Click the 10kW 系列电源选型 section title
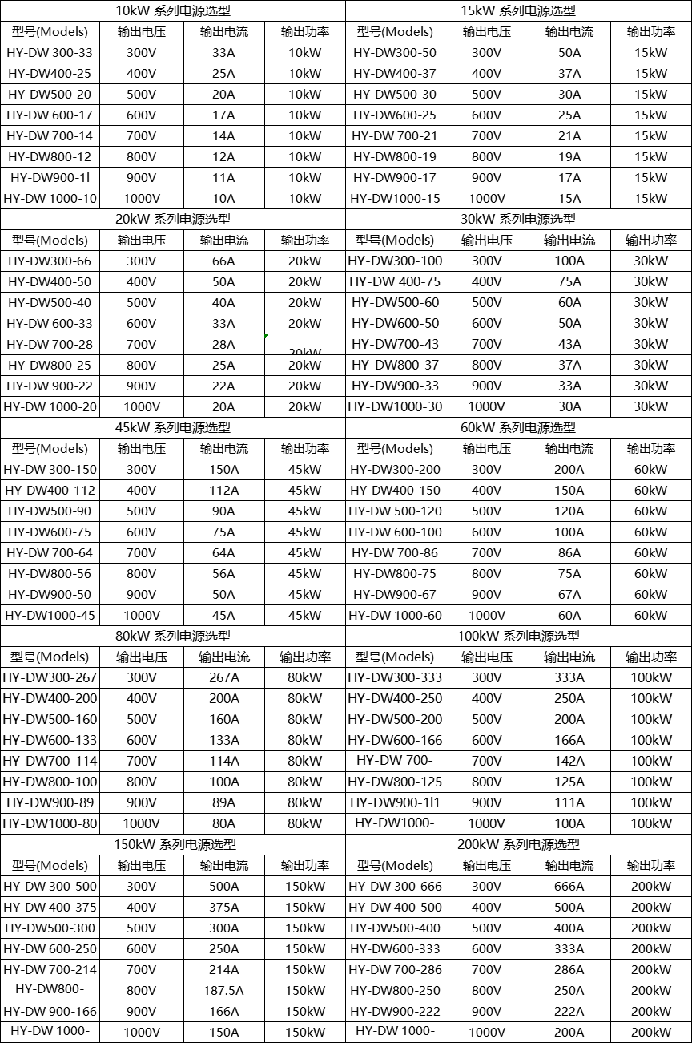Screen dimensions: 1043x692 click(x=173, y=10)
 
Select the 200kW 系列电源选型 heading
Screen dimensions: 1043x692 click(x=518, y=844)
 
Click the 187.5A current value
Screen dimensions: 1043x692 click(x=223, y=990)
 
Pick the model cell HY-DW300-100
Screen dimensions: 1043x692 click(x=395, y=261)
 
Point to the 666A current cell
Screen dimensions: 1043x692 click(x=569, y=886)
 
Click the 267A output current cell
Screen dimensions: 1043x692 click(x=223, y=677)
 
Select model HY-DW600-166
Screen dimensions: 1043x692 click(x=395, y=740)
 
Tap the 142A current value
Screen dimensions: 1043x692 click(x=569, y=761)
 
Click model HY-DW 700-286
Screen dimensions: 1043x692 click(x=395, y=969)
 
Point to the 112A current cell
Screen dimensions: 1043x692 click(x=223, y=490)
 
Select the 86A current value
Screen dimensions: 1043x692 click(x=569, y=552)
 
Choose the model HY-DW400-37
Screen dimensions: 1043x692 click(x=395, y=73)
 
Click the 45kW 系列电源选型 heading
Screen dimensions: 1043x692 click(x=173, y=427)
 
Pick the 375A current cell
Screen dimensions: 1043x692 click(x=223, y=907)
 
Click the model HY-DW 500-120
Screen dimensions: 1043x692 click(x=395, y=511)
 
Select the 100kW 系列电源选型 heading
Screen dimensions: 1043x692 click(x=518, y=636)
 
